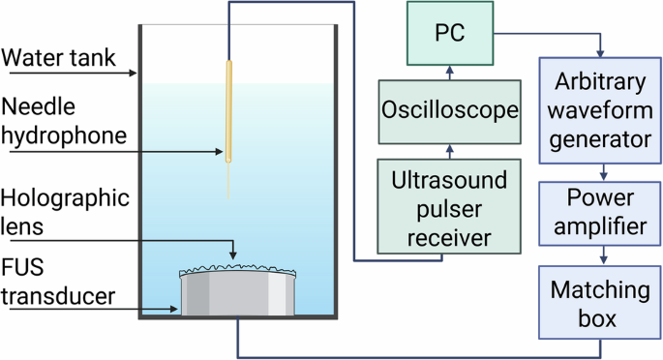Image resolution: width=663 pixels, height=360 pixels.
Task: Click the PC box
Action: click(447, 36)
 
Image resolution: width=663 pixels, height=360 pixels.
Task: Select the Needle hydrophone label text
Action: click(64, 120)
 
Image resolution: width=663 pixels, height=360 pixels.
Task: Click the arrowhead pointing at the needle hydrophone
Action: click(221, 151)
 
